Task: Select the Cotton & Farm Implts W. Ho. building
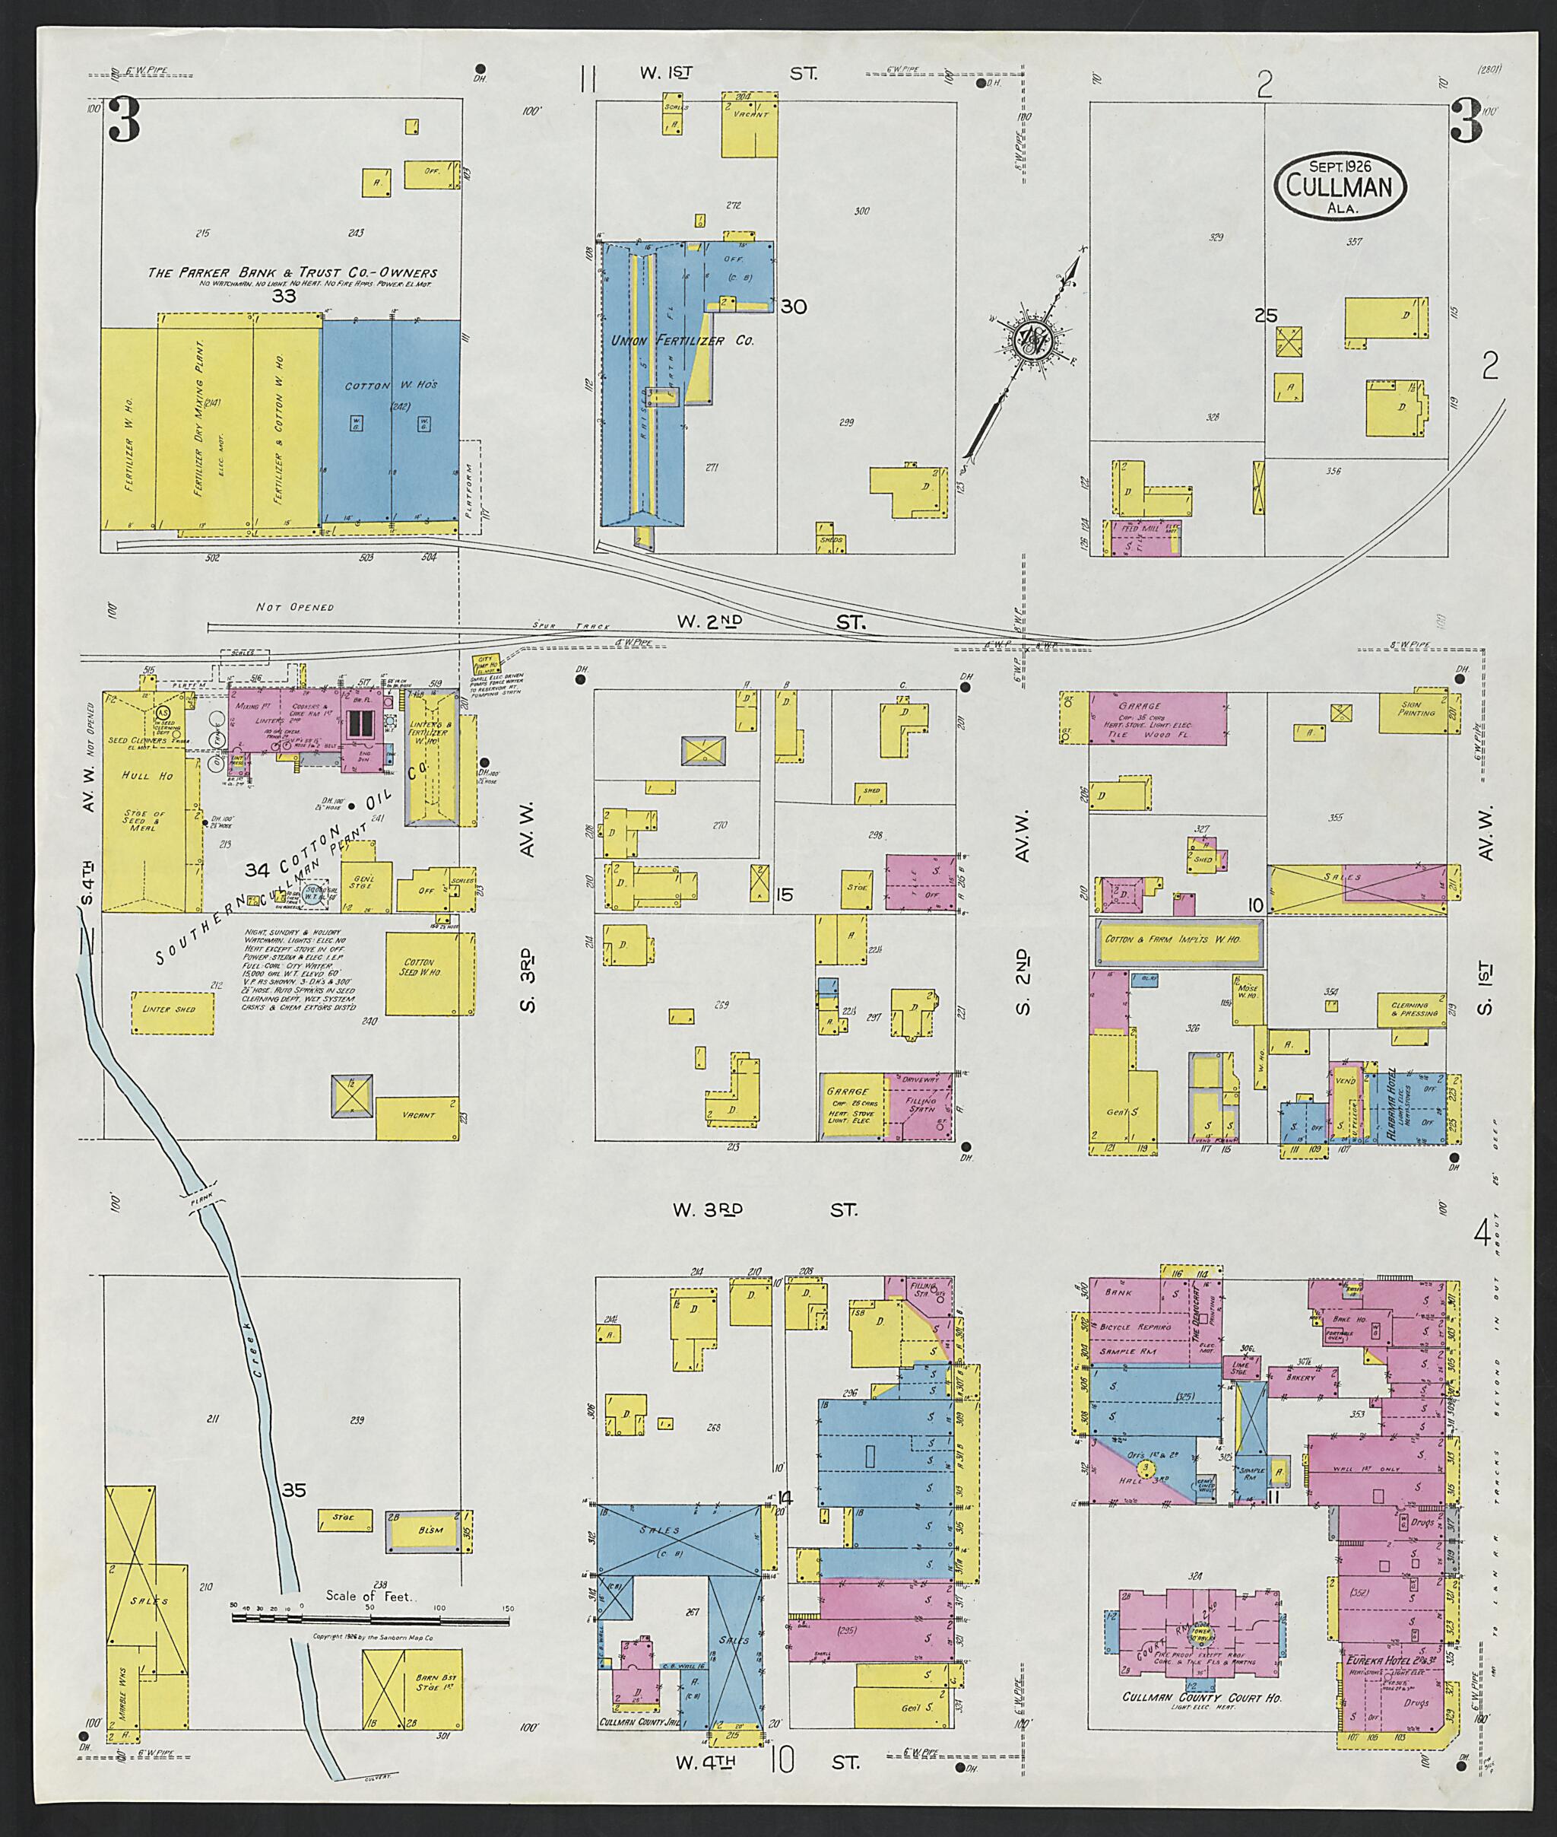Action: [x=1178, y=939]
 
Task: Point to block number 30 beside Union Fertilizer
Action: [x=793, y=307]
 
